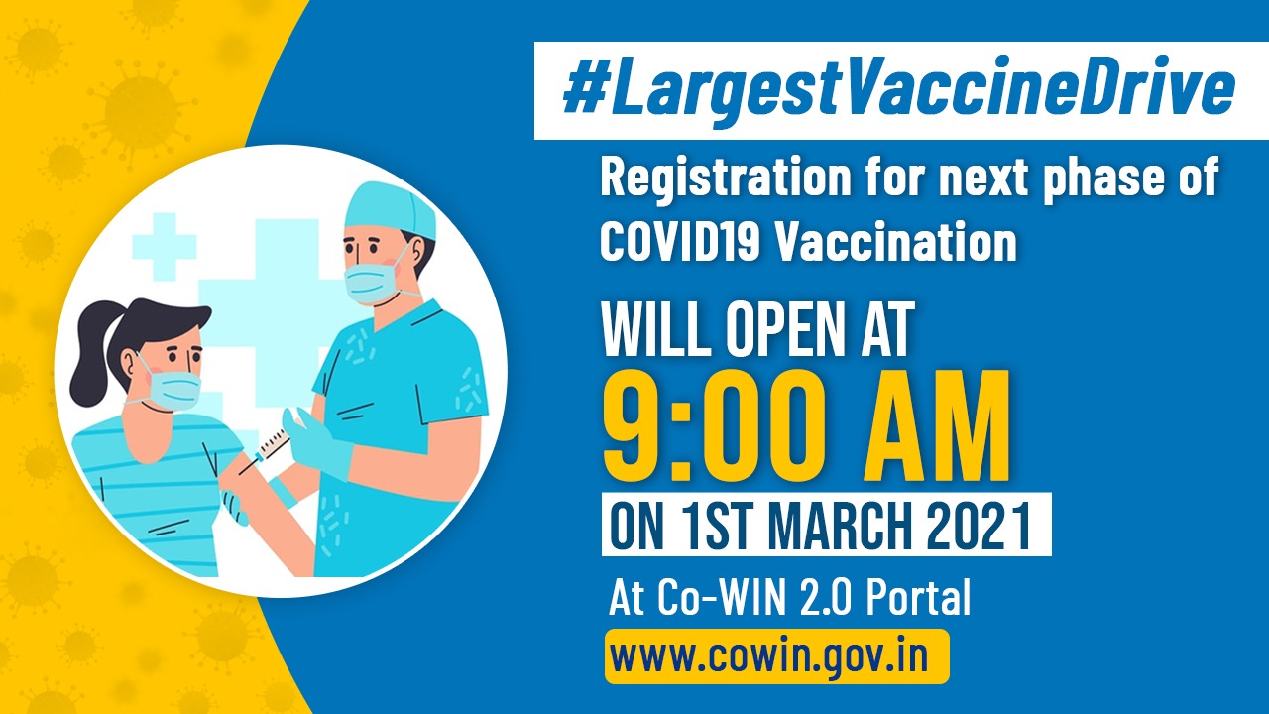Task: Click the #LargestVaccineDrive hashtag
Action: click(x=898, y=90)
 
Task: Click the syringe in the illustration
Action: click(x=271, y=444)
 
